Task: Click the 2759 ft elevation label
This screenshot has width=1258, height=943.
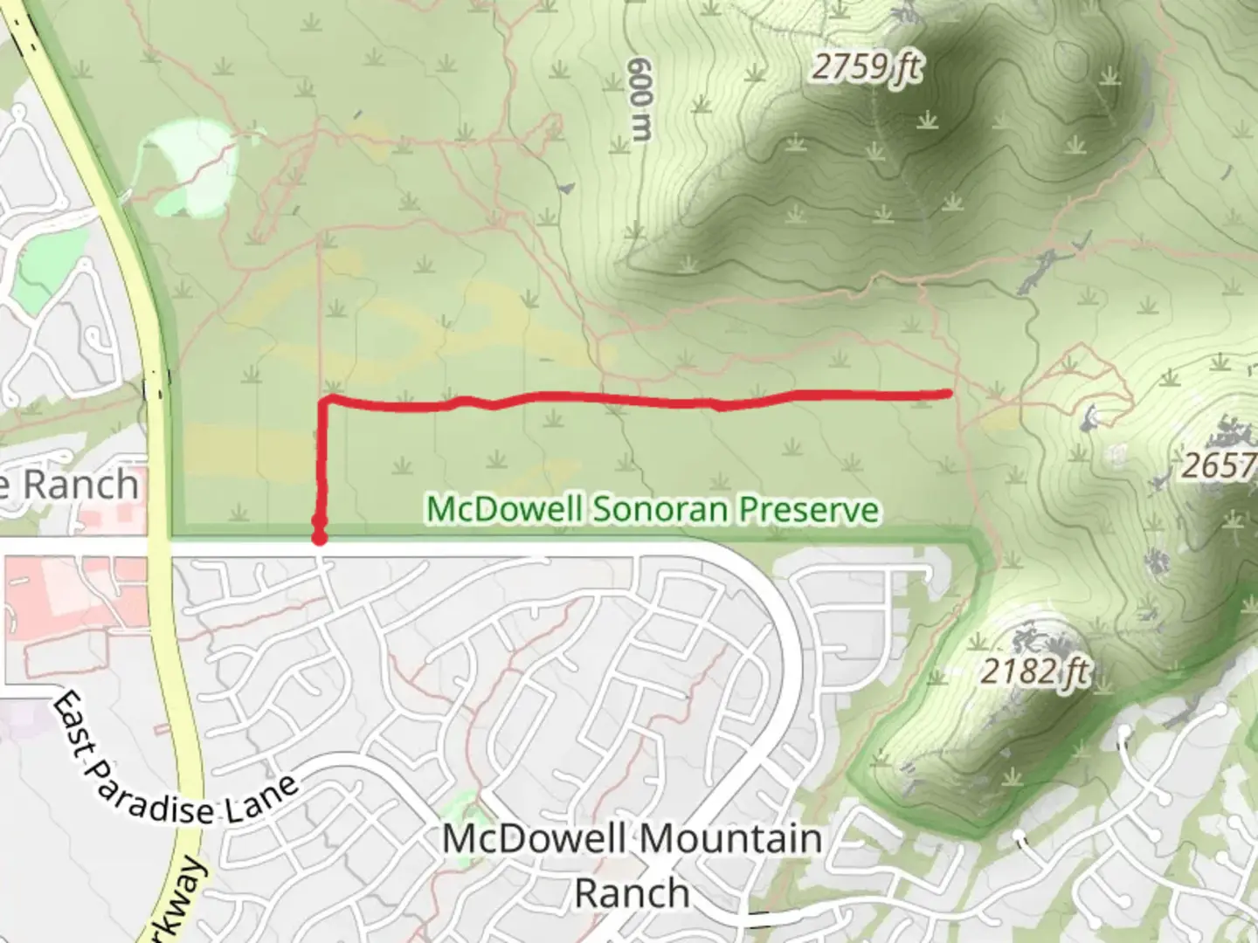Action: (865, 66)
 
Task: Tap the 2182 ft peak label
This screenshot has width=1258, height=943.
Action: (1034, 671)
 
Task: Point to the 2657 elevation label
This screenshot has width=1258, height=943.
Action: (1218, 465)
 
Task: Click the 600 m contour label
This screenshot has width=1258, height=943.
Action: (641, 99)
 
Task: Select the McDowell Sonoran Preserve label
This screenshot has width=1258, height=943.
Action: (652, 509)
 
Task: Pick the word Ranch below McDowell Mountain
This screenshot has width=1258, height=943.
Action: (632, 893)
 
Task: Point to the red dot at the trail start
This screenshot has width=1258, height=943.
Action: (320, 538)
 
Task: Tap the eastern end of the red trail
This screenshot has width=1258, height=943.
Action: (948, 394)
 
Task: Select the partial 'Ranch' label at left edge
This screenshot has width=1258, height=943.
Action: (70, 485)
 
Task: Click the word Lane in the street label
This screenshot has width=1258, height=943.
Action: (259, 801)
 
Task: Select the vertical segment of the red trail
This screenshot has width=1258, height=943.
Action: (321, 463)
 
